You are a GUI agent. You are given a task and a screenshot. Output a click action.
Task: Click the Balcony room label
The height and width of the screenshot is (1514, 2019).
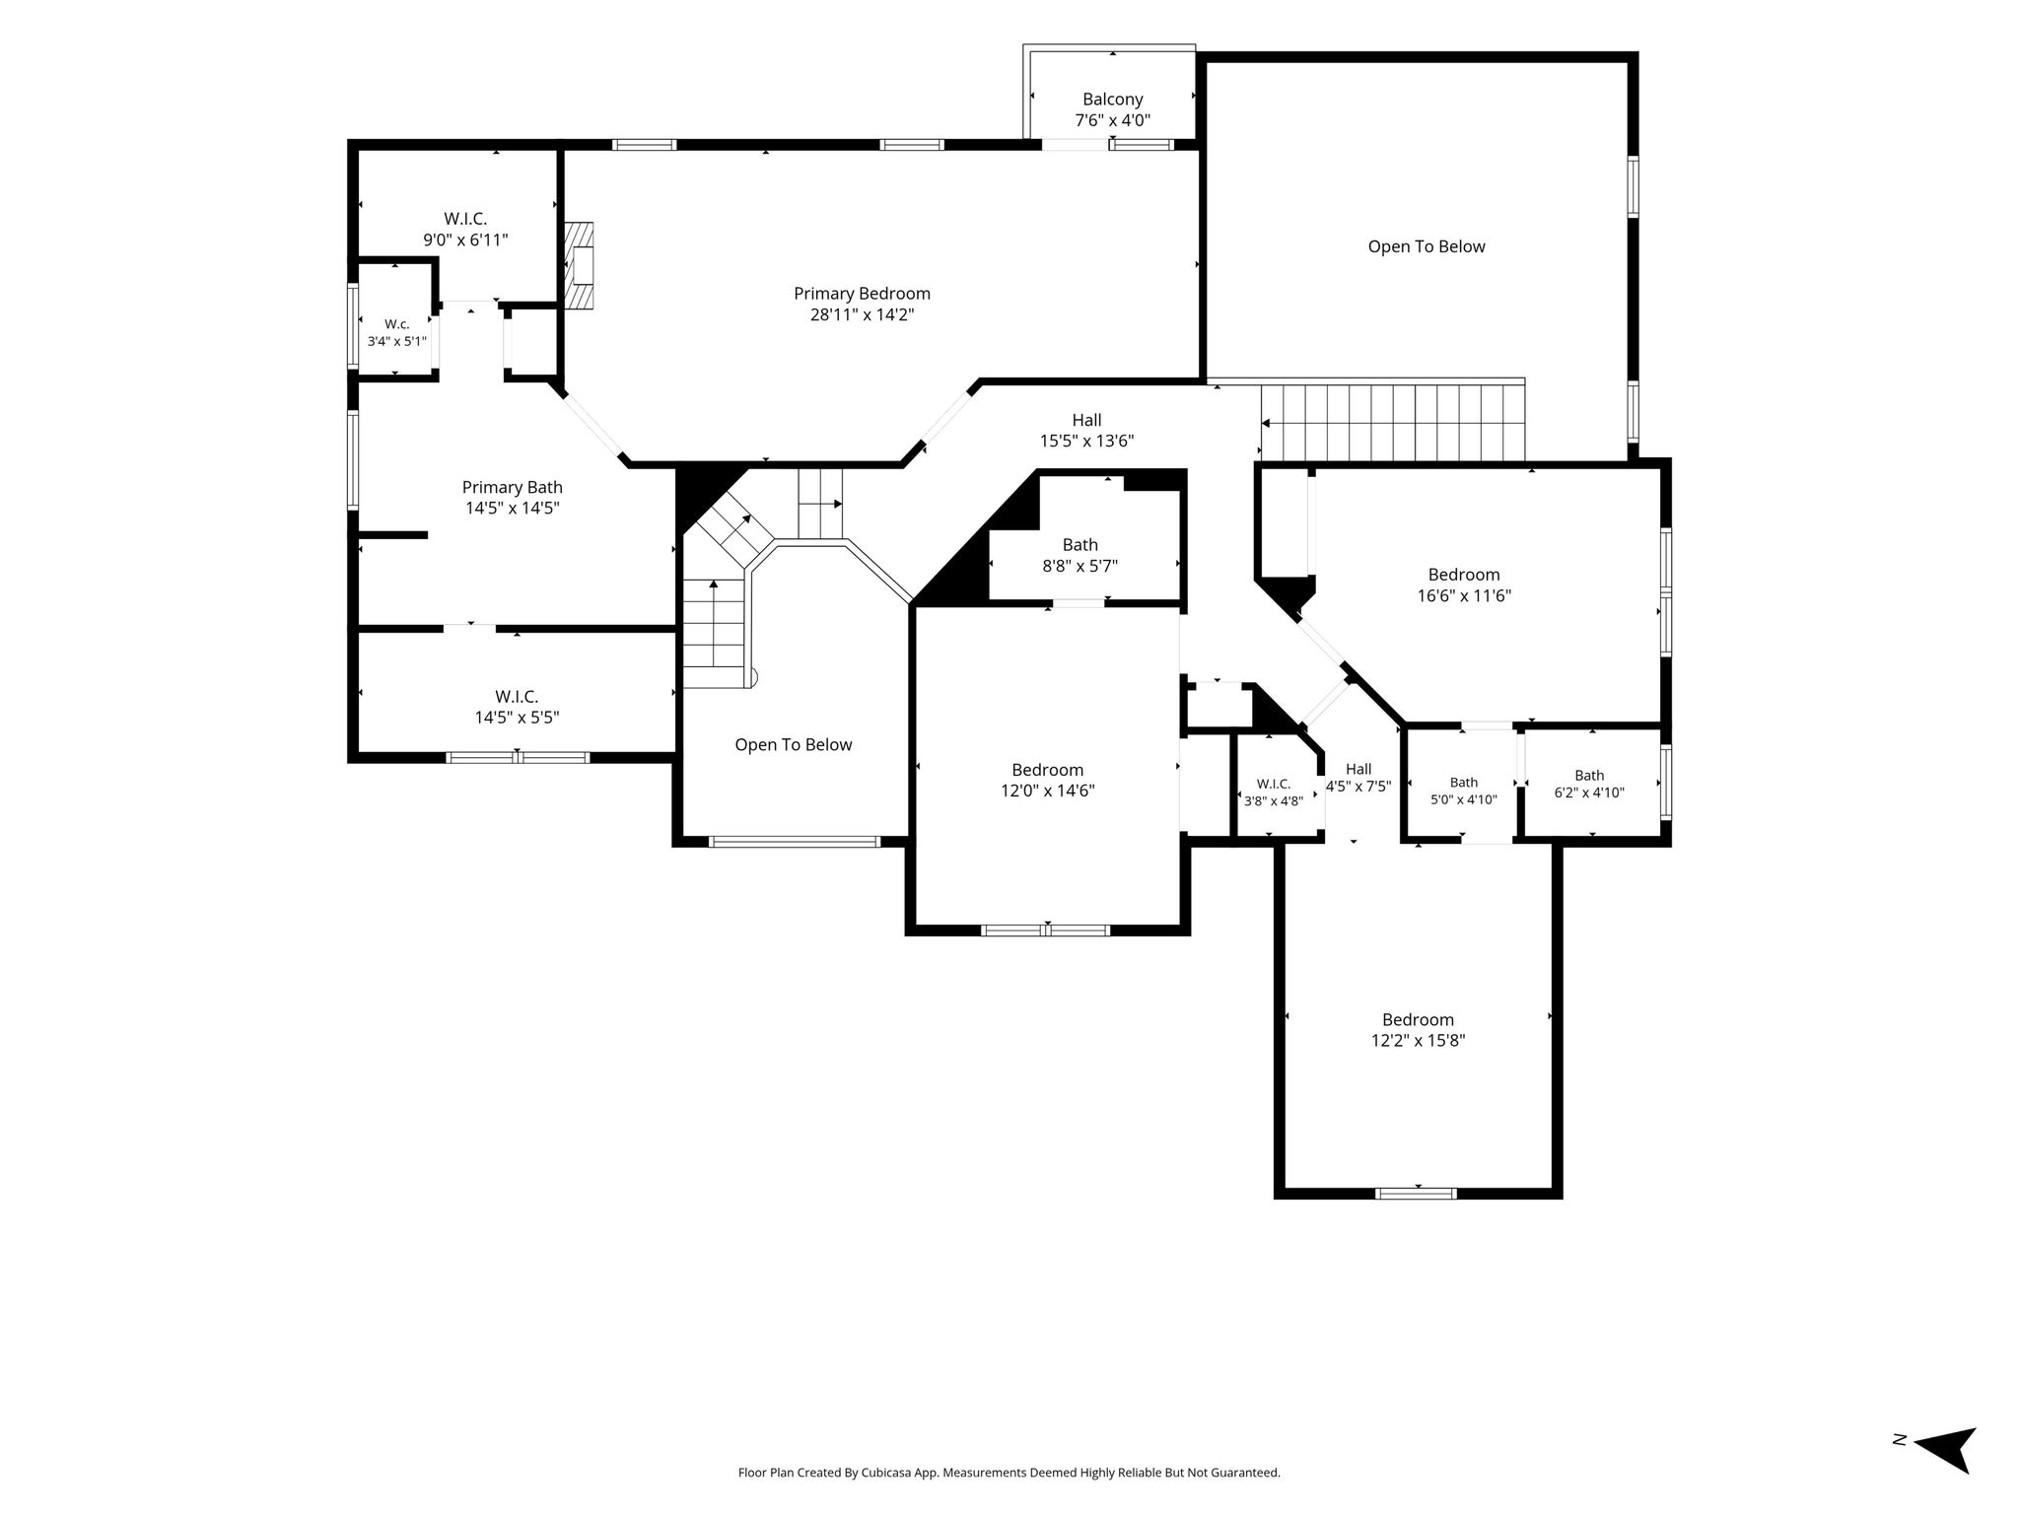point(1112,100)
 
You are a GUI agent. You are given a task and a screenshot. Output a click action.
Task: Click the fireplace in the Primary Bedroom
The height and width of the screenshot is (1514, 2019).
point(580,266)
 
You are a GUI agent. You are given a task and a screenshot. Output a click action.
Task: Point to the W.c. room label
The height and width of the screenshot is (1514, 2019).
point(396,324)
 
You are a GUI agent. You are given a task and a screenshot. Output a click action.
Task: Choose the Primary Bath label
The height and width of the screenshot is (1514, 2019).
point(513,487)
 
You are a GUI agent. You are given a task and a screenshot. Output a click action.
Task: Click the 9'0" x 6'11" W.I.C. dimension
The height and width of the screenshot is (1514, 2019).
point(465,240)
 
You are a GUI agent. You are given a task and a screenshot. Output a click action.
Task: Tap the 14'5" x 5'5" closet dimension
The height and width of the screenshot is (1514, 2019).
point(517,718)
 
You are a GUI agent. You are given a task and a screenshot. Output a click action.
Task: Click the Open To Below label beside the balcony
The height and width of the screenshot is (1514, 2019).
point(1427,246)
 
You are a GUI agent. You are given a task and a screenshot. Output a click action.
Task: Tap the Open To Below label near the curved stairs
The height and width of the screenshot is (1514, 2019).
point(794,745)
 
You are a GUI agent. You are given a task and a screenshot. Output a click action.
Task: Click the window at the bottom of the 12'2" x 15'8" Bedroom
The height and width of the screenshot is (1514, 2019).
point(1416,1193)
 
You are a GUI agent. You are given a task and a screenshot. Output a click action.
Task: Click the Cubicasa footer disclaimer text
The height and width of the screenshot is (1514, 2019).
point(1009,1473)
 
